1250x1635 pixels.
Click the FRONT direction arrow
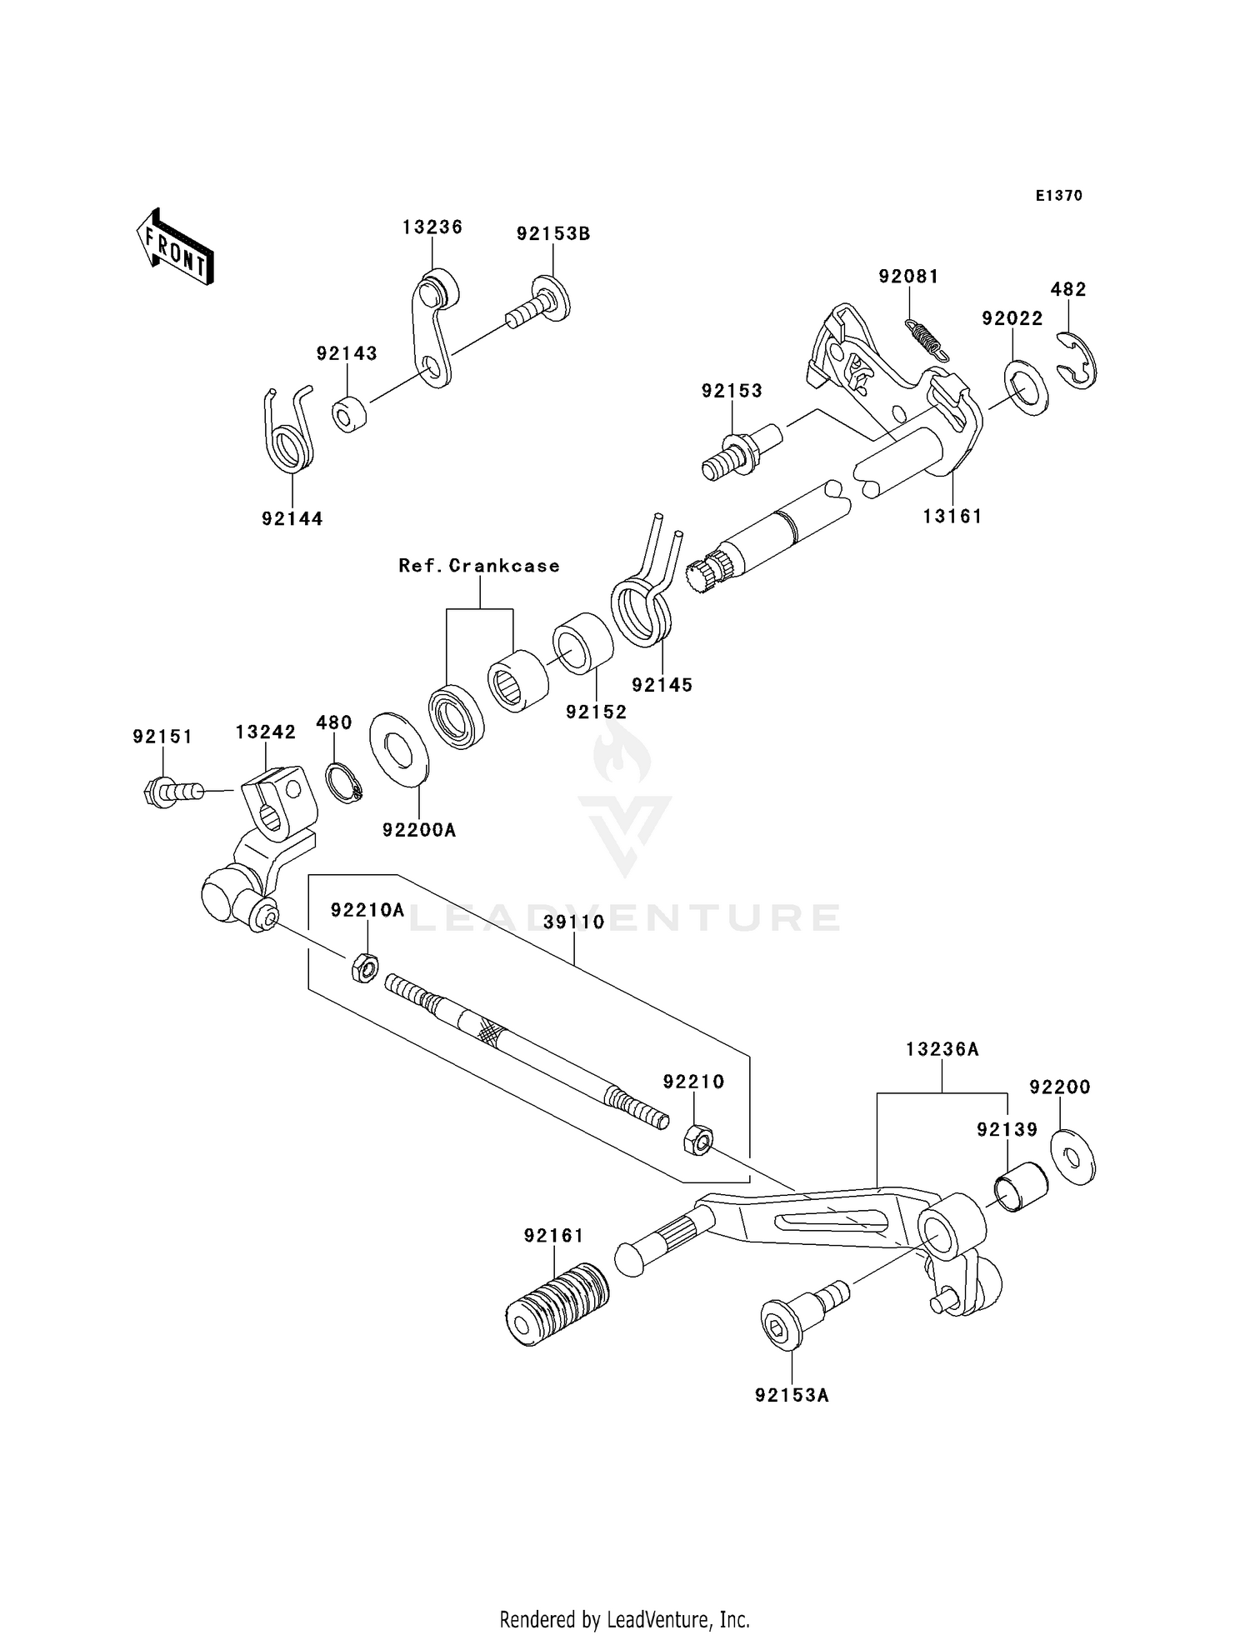(x=176, y=248)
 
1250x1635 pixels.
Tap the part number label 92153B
(x=553, y=234)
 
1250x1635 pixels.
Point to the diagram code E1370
(x=1059, y=196)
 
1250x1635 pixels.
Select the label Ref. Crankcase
(x=479, y=566)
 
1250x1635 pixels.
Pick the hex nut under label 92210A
(x=363, y=968)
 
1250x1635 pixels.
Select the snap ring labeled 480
(x=342, y=782)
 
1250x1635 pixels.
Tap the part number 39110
(x=574, y=922)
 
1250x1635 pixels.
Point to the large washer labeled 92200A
(x=398, y=748)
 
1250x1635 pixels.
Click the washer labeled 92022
(x=1026, y=387)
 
